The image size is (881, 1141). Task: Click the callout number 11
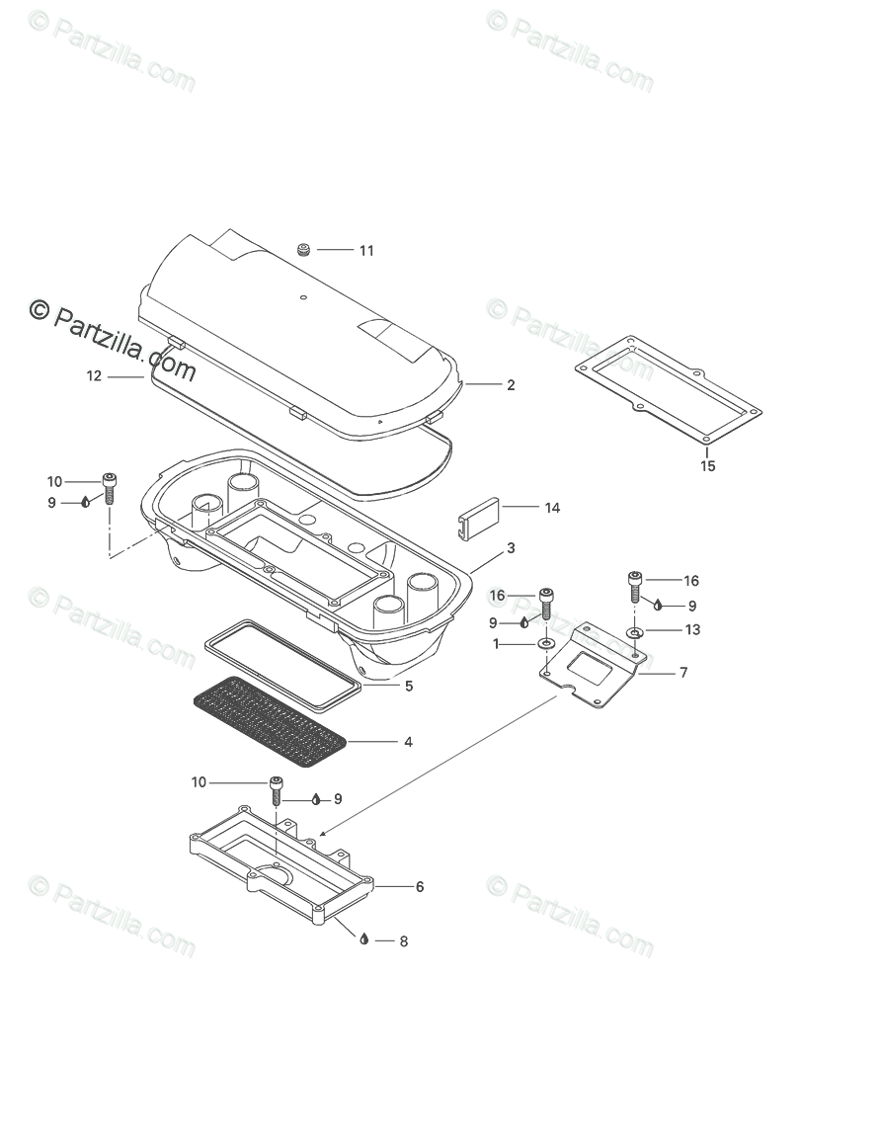pyautogui.click(x=366, y=251)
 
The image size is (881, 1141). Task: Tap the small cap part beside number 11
pyautogui.click(x=304, y=251)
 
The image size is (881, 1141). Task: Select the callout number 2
pyautogui.click(x=511, y=385)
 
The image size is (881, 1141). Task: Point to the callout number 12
pyautogui.click(x=94, y=376)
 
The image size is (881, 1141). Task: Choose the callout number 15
pyautogui.click(x=708, y=466)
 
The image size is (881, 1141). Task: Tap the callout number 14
pyautogui.click(x=552, y=508)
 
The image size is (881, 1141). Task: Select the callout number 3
pyautogui.click(x=511, y=547)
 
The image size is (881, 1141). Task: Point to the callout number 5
pyautogui.click(x=409, y=686)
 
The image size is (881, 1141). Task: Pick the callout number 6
pyautogui.click(x=420, y=887)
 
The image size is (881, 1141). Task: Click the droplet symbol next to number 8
pyautogui.click(x=364, y=939)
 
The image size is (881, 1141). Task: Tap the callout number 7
pyautogui.click(x=682, y=673)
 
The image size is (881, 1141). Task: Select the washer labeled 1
pyautogui.click(x=545, y=644)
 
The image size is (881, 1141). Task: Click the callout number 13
pyautogui.click(x=692, y=629)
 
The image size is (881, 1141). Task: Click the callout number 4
pyautogui.click(x=407, y=741)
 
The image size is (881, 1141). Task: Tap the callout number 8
pyautogui.click(x=403, y=941)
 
